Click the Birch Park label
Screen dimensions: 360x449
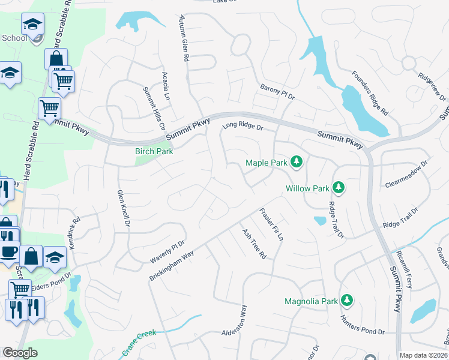(x=154, y=152)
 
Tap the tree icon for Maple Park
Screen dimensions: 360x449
(x=296, y=162)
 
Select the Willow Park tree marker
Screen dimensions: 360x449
(x=339, y=188)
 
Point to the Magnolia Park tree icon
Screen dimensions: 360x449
(x=346, y=299)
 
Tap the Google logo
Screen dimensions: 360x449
(x=20, y=353)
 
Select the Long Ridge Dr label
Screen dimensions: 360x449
(x=243, y=126)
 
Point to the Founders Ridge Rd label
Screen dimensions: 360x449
(x=378, y=95)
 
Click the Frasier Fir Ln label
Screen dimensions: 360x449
(x=271, y=224)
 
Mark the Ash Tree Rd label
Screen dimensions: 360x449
(x=254, y=243)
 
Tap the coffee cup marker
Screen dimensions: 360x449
(x=8, y=251)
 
